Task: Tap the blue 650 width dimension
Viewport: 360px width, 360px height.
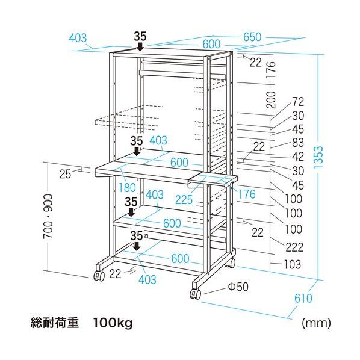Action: (x=252, y=37)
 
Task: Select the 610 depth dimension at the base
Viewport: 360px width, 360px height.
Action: (x=303, y=298)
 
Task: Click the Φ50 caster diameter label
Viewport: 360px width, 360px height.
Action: (x=238, y=287)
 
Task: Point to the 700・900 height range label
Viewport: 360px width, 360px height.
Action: (x=48, y=216)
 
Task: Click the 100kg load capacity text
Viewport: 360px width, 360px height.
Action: (x=113, y=323)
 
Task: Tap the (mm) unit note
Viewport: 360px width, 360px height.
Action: (x=317, y=323)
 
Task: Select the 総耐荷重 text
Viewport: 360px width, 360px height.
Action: (x=55, y=323)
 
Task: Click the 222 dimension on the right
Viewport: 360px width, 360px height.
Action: (x=294, y=247)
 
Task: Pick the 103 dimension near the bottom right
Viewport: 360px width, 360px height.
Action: (x=292, y=264)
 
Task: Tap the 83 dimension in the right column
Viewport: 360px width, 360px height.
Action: (x=298, y=143)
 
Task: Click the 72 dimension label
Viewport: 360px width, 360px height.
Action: (x=298, y=102)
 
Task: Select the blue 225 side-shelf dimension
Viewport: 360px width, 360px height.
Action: (x=184, y=199)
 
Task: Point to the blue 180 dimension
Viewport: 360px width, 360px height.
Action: (x=127, y=188)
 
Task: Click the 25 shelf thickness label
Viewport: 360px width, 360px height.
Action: (x=65, y=174)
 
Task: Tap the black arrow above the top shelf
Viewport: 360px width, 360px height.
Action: (x=140, y=46)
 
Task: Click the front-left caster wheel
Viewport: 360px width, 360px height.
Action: (x=99, y=275)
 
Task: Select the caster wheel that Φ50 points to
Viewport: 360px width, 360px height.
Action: (x=195, y=294)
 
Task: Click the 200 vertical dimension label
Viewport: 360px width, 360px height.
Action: (x=271, y=100)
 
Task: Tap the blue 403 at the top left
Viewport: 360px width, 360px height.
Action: (x=78, y=38)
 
